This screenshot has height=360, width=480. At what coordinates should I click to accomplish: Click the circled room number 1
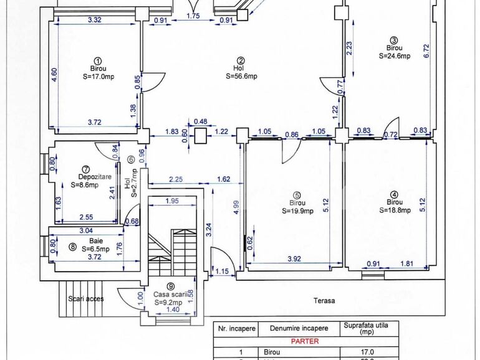[97, 60]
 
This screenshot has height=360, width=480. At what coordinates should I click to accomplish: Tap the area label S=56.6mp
[241, 77]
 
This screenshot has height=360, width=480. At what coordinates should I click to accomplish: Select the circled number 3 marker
[393, 39]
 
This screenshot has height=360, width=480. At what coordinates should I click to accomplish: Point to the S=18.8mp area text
[395, 211]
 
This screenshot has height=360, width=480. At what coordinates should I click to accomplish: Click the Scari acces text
[86, 298]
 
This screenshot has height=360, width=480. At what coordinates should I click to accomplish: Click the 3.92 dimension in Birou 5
[294, 258]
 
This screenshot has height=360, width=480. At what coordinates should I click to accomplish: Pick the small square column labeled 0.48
[201, 136]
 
